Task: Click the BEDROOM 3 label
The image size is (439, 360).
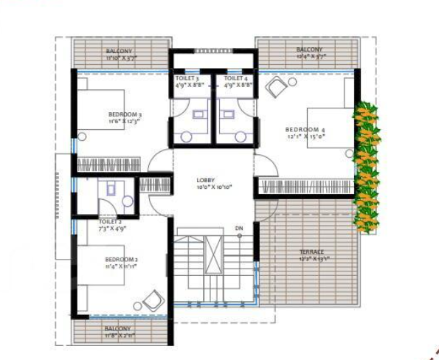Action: [x=125, y=114]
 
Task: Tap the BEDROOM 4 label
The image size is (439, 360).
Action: [x=304, y=130]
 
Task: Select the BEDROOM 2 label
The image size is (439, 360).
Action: [x=122, y=259]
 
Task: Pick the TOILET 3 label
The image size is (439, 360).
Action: [x=187, y=77]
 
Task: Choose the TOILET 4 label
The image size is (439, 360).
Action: [x=235, y=77]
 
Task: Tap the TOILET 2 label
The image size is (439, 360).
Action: [x=111, y=221]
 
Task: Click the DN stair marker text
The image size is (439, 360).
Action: [x=238, y=228]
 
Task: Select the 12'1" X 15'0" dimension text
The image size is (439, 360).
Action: [x=304, y=137]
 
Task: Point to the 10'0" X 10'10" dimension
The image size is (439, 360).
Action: [x=214, y=188]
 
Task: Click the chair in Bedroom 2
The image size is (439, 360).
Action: [x=153, y=300]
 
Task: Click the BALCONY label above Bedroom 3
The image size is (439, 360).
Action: [x=119, y=51]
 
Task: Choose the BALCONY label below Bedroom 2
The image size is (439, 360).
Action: [x=118, y=328]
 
